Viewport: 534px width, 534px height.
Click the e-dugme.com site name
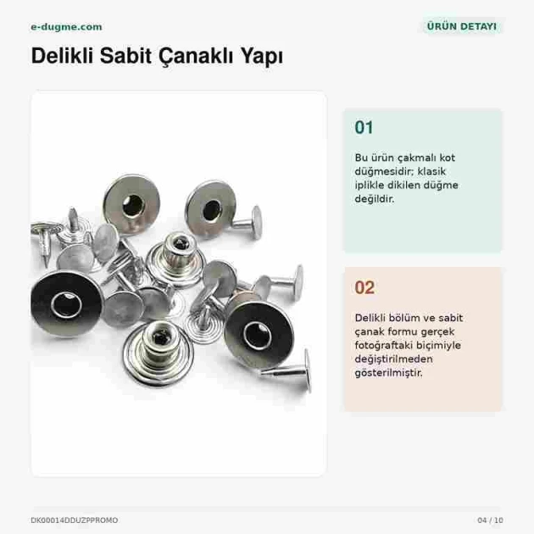coord(66,27)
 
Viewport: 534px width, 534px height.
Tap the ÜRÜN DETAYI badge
coord(461,26)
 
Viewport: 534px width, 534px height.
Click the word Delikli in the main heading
coord(62,55)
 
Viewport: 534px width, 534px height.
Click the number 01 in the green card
coord(364,127)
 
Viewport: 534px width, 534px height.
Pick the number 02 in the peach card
coord(364,287)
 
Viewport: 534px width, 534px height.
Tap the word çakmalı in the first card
coord(417,158)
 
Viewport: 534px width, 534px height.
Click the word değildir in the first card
coord(375,199)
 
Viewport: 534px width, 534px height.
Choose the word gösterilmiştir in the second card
coord(388,373)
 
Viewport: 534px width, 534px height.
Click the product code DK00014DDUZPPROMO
coord(75,520)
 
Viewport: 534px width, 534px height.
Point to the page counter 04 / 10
coord(490,520)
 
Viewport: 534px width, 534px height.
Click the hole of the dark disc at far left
coord(66,304)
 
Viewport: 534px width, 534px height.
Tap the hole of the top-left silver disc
coord(133,205)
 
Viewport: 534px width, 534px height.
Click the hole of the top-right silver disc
coord(212,210)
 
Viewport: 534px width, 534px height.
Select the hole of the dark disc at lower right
coord(258,336)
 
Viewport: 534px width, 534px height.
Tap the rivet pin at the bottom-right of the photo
coord(290,370)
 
